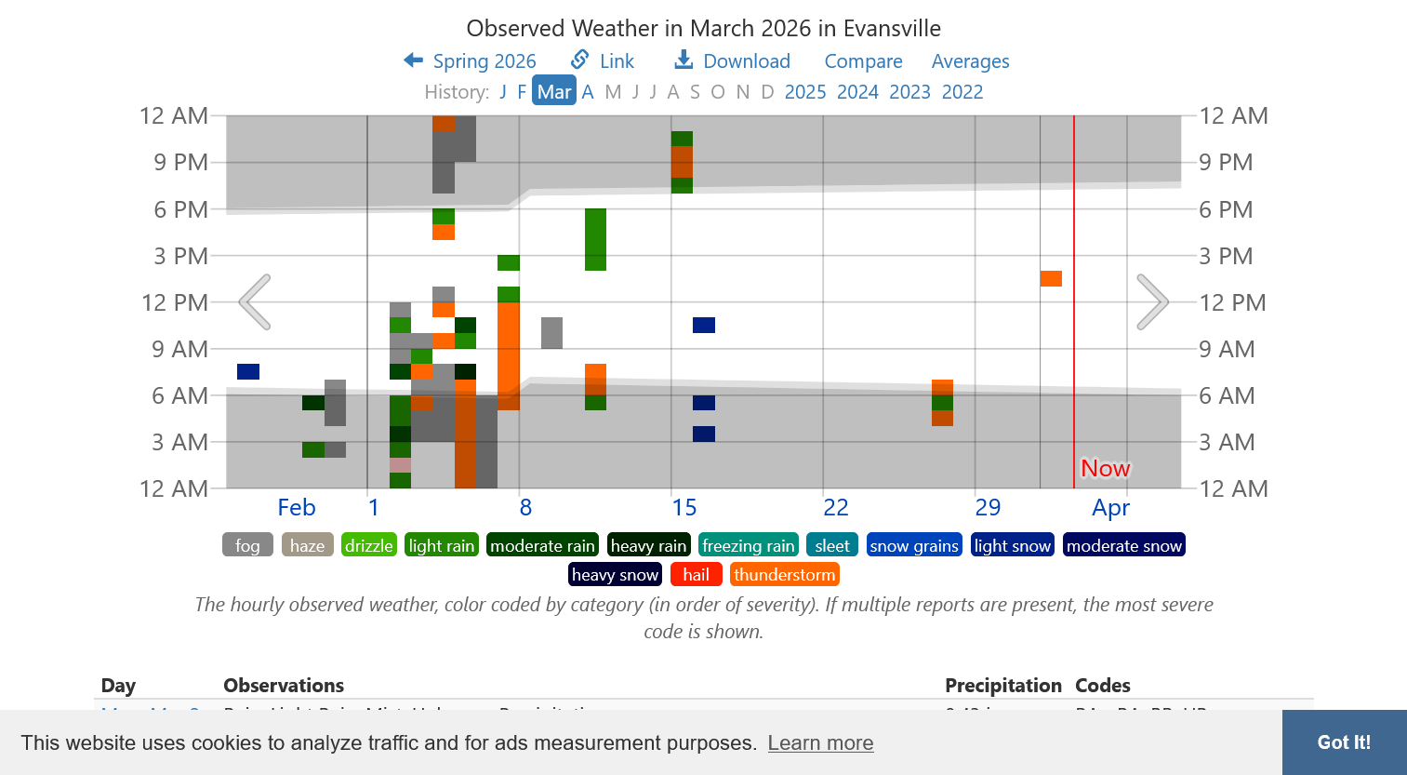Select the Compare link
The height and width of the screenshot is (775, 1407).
click(863, 61)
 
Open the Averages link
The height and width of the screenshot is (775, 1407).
click(970, 61)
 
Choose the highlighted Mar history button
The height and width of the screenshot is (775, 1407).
click(554, 91)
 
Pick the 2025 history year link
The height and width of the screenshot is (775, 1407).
click(805, 91)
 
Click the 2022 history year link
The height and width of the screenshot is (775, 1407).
click(962, 91)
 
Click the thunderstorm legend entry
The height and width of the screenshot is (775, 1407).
click(784, 574)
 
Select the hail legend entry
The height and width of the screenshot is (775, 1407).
click(696, 574)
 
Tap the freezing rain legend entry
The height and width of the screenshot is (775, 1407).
click(749, 545)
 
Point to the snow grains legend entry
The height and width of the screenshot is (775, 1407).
click(914, 545)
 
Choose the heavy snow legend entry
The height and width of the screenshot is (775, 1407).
click(615, 574)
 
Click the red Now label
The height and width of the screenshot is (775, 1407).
click(1105, 468)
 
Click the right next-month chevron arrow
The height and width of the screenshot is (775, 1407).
click(1152, 301)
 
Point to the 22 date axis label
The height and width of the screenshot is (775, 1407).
click(836, 507)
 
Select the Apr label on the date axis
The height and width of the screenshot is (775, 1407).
click(1110, 507)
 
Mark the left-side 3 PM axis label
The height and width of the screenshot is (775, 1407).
click(180, 256)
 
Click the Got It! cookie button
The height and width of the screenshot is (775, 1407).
click(1344, 742)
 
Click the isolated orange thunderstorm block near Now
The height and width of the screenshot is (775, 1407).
click(1051, 278)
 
